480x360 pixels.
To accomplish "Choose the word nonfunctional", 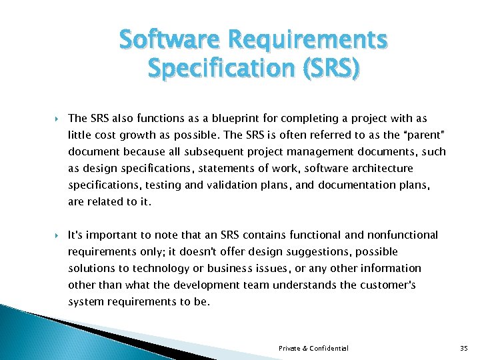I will click(x=403, y=235).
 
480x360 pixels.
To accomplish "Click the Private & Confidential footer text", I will click(x=313, y=348).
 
